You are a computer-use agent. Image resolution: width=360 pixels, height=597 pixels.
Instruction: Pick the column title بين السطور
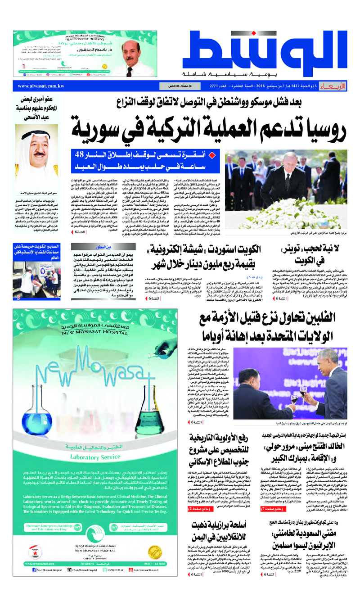pyautogui.click(x=100, y=247)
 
